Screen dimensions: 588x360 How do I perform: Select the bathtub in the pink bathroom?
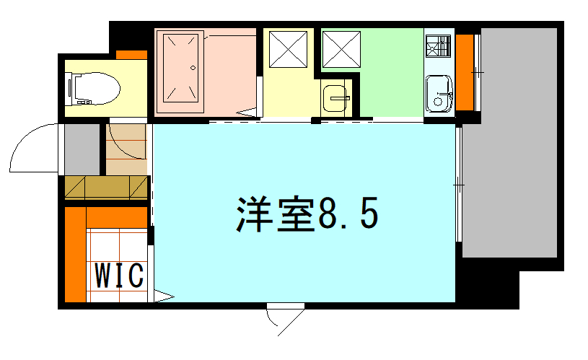tap(180, 71)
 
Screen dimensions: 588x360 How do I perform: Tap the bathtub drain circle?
tap(193, 68)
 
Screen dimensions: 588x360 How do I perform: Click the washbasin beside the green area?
tap(335, 98)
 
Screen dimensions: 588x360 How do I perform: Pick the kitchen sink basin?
tap(439, 94)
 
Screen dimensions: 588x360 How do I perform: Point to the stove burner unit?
tap(439, 46)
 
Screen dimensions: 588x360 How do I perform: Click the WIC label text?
tap(119, 276)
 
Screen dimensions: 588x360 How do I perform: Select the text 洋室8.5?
tap(307, 214)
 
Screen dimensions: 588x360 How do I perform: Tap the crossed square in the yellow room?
tap(289, 50)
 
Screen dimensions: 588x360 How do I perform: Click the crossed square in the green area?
tap(342, 50)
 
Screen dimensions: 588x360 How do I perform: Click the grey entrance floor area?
tap(82, 149)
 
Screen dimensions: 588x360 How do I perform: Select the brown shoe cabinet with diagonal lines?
tap(106, 188)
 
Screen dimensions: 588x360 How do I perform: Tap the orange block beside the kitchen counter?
tap(465, 72)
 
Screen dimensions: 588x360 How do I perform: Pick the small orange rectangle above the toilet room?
tap(131, 55)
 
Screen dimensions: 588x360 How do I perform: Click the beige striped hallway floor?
tap(126, 149)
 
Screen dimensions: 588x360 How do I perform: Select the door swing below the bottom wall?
tap(286, 320)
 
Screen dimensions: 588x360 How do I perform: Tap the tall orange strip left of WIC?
tap(75, 254)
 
